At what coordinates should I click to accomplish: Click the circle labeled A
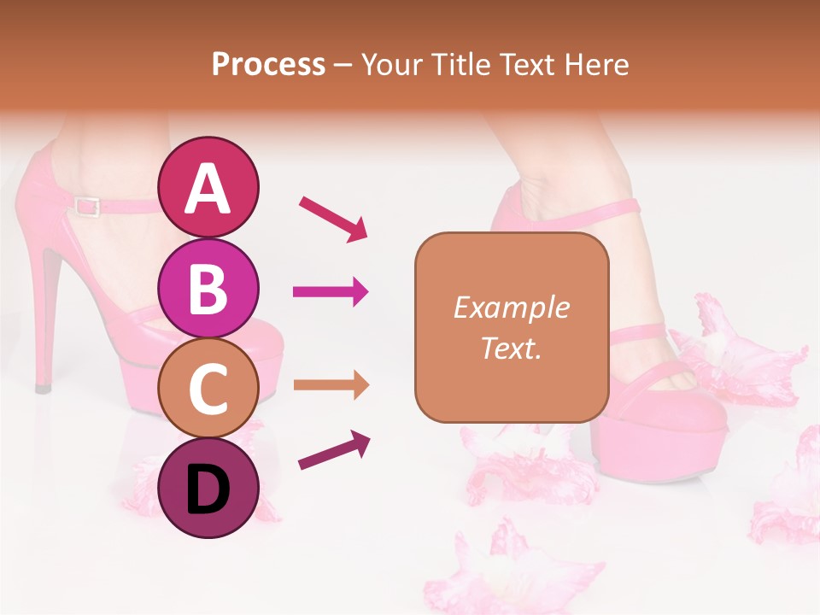(x=208, y=187)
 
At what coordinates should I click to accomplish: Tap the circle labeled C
(x=208, y=388)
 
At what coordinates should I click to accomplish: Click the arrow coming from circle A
(x=332, y=218)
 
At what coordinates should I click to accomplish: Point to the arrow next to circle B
(x=331, y=292)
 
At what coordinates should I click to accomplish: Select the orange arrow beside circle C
(x=331, y=385)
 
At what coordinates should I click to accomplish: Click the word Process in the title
(x=268, y=65)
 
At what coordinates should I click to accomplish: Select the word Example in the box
(x=511, y=307)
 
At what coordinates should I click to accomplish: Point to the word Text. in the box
(x=511, y=348)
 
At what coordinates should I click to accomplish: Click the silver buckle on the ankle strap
(x=85, y=206)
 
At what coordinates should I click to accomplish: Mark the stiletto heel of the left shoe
(x=47, y=316)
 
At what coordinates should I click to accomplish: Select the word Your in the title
(x=390, y=65)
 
